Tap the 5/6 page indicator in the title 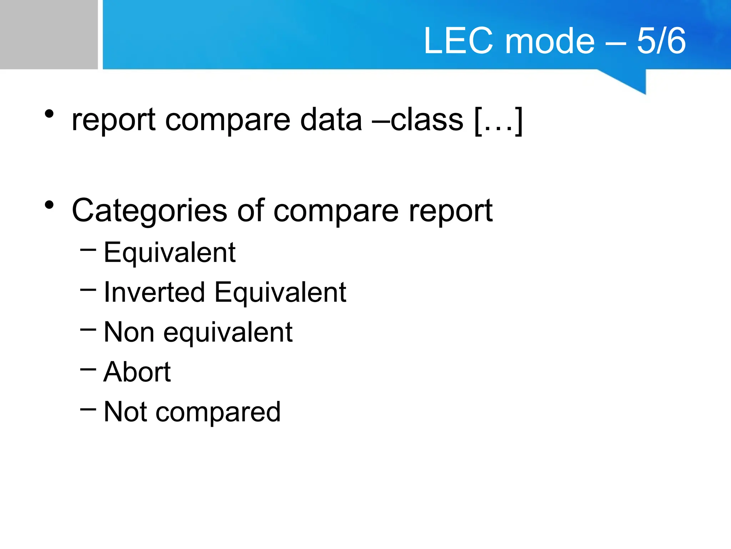click(661, 41)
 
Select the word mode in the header click(550, 41)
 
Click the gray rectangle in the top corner click(49, 34)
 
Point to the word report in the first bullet click(114, 120)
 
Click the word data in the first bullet click(331, 120)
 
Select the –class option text click(418, 120)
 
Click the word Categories click(150, 211)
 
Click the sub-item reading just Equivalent click(170, 253)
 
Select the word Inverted click(154, 292)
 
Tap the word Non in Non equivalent click(129, 332)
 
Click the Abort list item click(137, 372)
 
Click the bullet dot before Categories click(49, 205)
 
